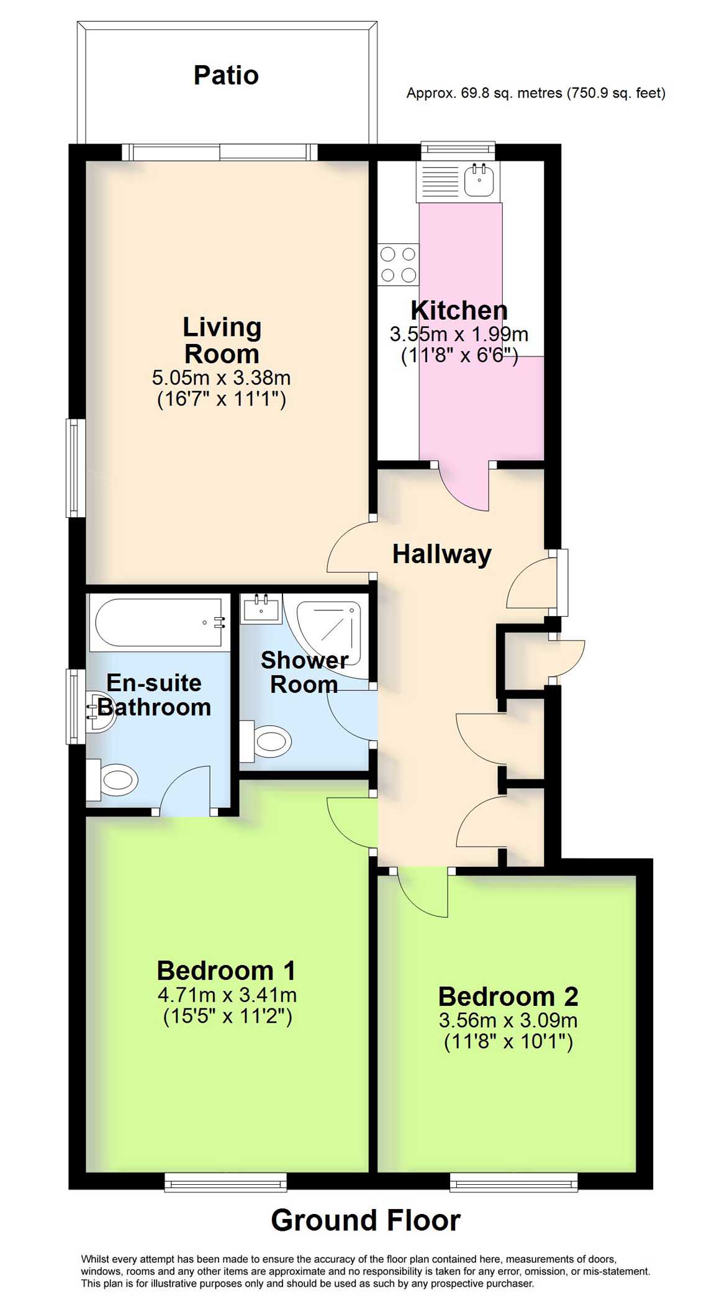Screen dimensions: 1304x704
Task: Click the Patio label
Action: coord(226,75)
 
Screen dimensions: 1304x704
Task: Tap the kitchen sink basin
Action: coord(479,180)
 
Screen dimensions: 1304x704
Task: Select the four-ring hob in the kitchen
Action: coord(398,265)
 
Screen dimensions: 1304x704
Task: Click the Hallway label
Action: coord(441,554)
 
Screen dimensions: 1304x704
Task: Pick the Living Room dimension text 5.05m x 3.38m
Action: coord(221,378)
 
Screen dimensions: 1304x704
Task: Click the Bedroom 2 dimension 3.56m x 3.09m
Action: coord(508,1020)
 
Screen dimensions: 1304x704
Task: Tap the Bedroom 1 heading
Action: coord(226,970)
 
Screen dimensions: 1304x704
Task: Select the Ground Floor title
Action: coord(365,1220)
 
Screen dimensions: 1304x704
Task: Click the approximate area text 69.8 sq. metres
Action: coord(535,94)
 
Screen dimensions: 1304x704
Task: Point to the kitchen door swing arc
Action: coord(463,491)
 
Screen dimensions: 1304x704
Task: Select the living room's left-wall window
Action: coord(75,468)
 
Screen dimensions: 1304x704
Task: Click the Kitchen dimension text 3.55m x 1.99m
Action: coord(459,335)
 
